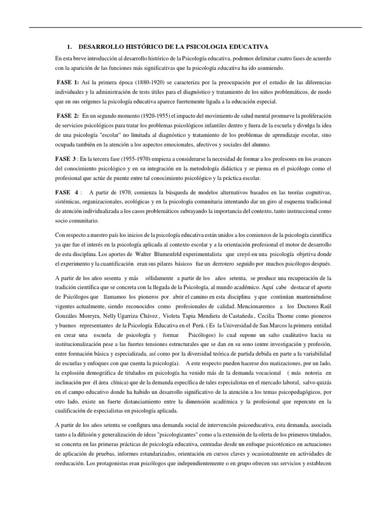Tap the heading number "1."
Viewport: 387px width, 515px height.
[70, 47]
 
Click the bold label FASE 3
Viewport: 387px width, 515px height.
[66, 159]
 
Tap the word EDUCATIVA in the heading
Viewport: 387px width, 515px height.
[250, 47]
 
